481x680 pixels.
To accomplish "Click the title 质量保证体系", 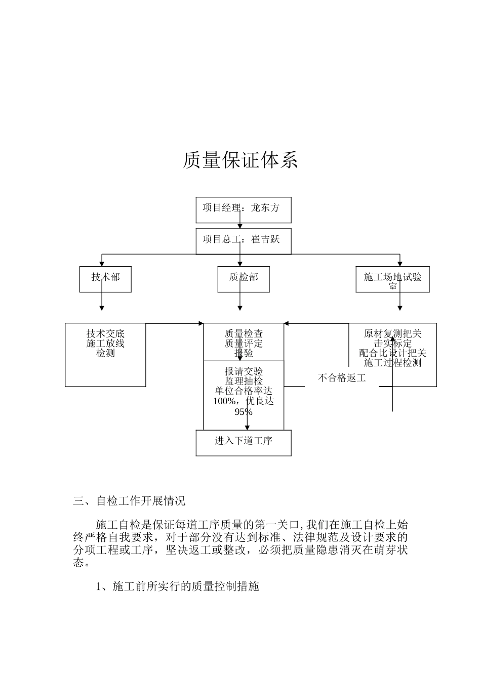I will click(x=240, y=160).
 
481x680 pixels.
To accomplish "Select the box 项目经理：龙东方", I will click(x=244, y=209).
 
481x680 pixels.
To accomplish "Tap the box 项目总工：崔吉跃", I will click(x=244, y=241).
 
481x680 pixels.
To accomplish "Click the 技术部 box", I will click(x=105, y=279).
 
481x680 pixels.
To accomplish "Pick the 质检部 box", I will click(x=244, y=279).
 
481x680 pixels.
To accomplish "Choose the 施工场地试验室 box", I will click(x=393, y=279).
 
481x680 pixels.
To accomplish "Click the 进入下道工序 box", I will click(x=244, y=443).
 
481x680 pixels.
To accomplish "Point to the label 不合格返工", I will click(x=342, y=378).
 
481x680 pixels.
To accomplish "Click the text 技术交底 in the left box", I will click(x=105, y=334).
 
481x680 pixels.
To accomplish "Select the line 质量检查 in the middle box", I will click(x=244, y=334).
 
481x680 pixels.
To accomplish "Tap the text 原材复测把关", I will click(x=393, y=334).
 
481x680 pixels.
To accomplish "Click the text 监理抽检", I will click(x=244, y=381).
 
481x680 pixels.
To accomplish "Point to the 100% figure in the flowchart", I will click(x=224, y=401).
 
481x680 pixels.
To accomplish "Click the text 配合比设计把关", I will click(x=393, y=353).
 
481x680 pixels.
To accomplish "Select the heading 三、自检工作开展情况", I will click(x=130, y=501).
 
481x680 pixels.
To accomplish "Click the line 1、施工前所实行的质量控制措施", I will click(x=178, y=586).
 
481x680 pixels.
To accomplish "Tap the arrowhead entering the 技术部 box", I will click(x=102, y=264).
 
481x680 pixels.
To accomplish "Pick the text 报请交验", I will click(x=244, y=371).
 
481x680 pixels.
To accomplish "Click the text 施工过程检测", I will click(x=393, y=363).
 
